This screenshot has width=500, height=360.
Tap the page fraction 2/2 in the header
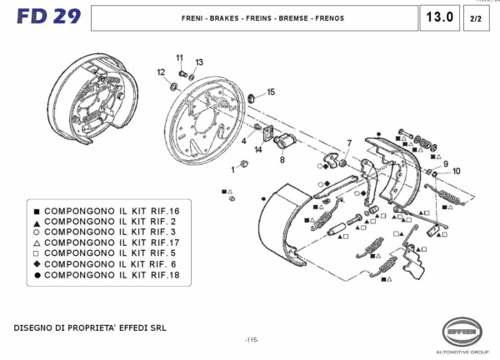point(475,17)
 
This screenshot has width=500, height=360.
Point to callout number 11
point(179,57)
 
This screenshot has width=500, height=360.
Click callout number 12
point(161,72)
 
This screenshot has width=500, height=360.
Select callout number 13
point(199,62)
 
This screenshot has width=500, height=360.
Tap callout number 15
point(270,92)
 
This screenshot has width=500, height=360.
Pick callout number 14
point(258,149)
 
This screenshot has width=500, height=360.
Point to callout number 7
point(349,142)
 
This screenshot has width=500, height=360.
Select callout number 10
point(455,171)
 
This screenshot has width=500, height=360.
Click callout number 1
point(234,169)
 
